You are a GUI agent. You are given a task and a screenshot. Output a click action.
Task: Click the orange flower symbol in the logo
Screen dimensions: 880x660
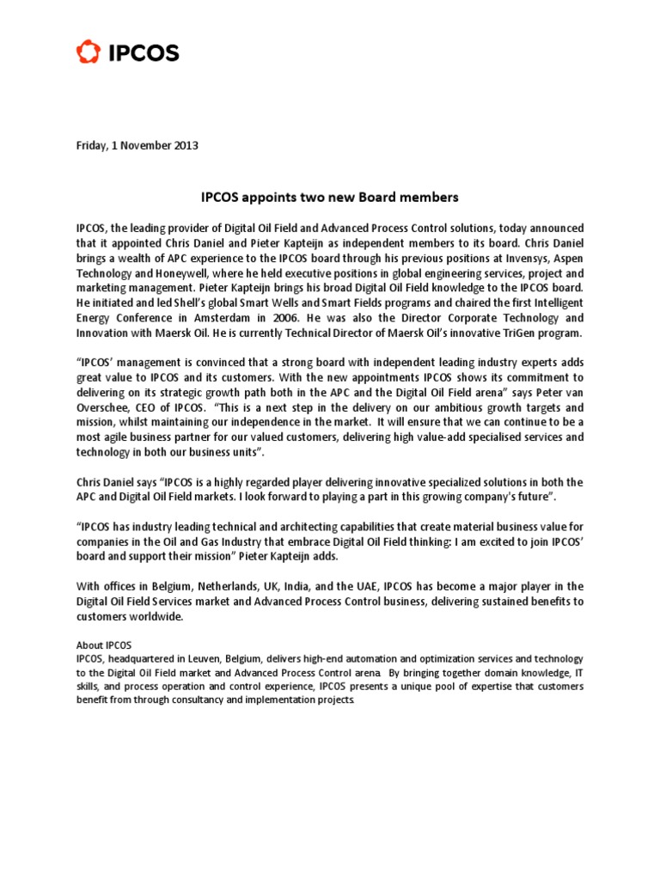pyautogui.click(x=88, y=53)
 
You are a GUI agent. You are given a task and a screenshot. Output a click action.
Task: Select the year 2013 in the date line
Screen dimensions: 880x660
pyautogui.click(x=186, y=145)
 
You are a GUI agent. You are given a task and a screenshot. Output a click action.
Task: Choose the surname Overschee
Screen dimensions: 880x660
pyautogui.click(x=105, y=407)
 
